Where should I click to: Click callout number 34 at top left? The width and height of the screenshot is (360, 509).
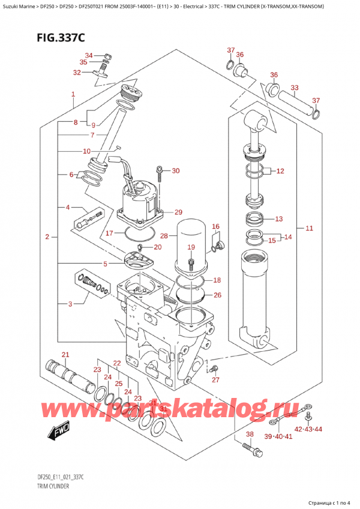pos(89,55)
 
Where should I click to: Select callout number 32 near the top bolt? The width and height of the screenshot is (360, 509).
pos(77,73)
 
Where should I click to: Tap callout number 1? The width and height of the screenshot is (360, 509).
pos(73,94)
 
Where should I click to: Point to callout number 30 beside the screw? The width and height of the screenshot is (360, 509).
pos(175,171)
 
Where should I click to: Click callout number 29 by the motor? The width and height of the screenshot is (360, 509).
pos(178,212)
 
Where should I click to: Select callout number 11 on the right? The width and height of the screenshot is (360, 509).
pos(310,228)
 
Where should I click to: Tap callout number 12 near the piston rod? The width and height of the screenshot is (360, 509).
pos(280,171)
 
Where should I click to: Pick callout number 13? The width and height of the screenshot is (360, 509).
pos(278,218)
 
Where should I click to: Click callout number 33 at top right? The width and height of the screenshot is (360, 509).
pos(294,88)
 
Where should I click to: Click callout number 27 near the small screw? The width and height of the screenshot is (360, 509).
pos(216,379)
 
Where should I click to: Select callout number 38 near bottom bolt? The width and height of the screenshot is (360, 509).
pos(250,434)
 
